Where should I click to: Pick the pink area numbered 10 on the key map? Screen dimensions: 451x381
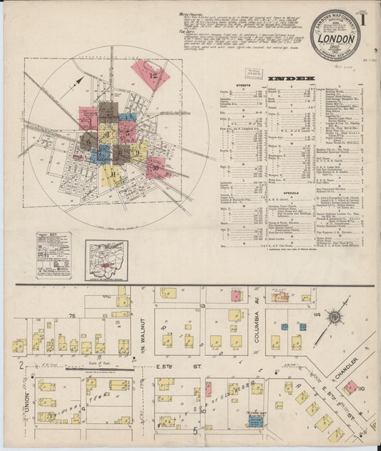pos(157,167)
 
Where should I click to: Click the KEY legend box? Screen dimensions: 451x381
pos(54,254)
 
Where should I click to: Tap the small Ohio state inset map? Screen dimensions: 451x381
pos(106,255)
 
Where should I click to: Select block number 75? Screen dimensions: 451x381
pos(71,314)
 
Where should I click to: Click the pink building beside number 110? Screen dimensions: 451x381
pos(350,387)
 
